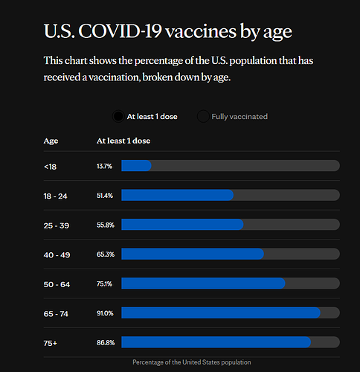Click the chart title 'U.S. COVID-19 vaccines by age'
coord(168,31)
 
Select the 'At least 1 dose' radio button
coord(118,116)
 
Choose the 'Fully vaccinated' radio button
coord(203,116)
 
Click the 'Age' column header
coord(51,141)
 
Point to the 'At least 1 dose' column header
coord(123,141)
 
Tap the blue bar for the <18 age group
coord(136,166)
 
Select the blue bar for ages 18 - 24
coord(178,195)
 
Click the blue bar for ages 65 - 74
coord(221,312)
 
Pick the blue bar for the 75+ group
coord(216,342)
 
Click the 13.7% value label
coord(104,166)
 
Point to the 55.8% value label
coord(106,225)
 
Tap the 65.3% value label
coord(106,254)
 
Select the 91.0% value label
coord(105,313)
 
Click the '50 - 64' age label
coord(57,284)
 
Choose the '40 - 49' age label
coord(57,255)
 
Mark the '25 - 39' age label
coord(57,225)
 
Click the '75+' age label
coord(51,343)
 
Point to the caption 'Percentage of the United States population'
coord(192,362)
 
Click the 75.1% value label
coord(104,283)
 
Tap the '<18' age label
coord(50,167)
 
